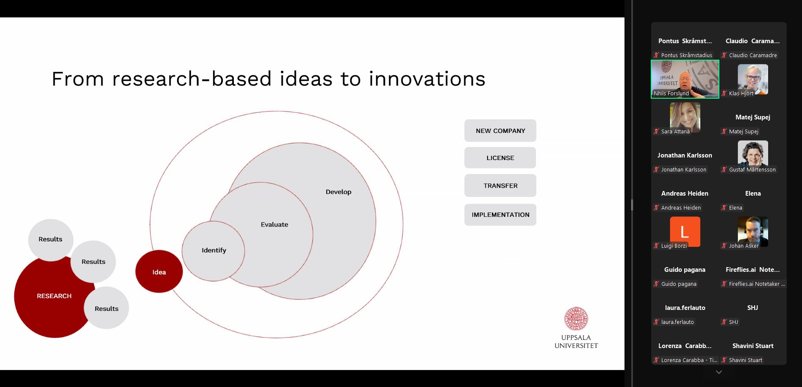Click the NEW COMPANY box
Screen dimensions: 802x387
point(500,131)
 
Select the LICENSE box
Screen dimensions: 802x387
point(500,158)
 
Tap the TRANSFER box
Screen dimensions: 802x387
point(500,185)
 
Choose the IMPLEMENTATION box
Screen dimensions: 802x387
point(500,215)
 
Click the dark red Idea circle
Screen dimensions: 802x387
point(159,271)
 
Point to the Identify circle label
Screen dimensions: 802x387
point(214,250)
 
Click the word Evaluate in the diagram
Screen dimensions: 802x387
point(275,224)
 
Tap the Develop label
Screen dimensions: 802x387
point(339,192)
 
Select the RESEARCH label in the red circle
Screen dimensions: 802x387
point(54,296)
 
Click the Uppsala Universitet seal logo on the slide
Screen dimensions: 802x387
point(576,319)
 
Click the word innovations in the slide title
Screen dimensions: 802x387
point(427,79)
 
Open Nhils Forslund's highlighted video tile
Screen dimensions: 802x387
point(685,79)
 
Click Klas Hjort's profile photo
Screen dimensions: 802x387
point(753,79)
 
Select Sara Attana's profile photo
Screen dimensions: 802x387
point(685,117)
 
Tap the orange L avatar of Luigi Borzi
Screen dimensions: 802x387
point(685,232)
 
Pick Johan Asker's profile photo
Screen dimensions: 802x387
point(753,232)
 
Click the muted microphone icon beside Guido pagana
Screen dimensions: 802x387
point(656,284)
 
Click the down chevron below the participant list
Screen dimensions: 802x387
point(719,372)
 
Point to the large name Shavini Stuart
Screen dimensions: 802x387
point(753,346)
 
